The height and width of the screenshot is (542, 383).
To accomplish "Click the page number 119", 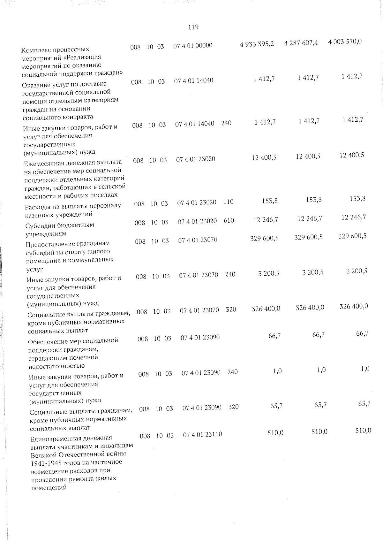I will tap(193, 27).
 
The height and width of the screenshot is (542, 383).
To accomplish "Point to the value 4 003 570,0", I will tap(345, 42).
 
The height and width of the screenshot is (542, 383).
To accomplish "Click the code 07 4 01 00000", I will tap(193, 45).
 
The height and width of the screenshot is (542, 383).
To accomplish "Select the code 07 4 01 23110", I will tap(202, 434).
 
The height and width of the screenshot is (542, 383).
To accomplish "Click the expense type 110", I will tap(228, 202).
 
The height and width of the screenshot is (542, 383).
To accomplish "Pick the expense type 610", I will tap(229, 221).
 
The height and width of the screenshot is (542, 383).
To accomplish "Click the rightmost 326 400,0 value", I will tap(353, 306).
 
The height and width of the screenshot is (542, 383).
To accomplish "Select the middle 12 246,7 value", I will tap(310, 218).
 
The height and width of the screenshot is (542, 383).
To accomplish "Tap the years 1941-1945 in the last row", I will tap(46, 462).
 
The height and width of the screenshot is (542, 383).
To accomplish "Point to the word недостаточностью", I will tap(56, 366).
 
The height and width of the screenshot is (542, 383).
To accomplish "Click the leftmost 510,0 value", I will tap(275, 433).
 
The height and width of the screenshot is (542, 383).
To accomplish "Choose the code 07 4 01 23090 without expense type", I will tap(200, 337).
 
